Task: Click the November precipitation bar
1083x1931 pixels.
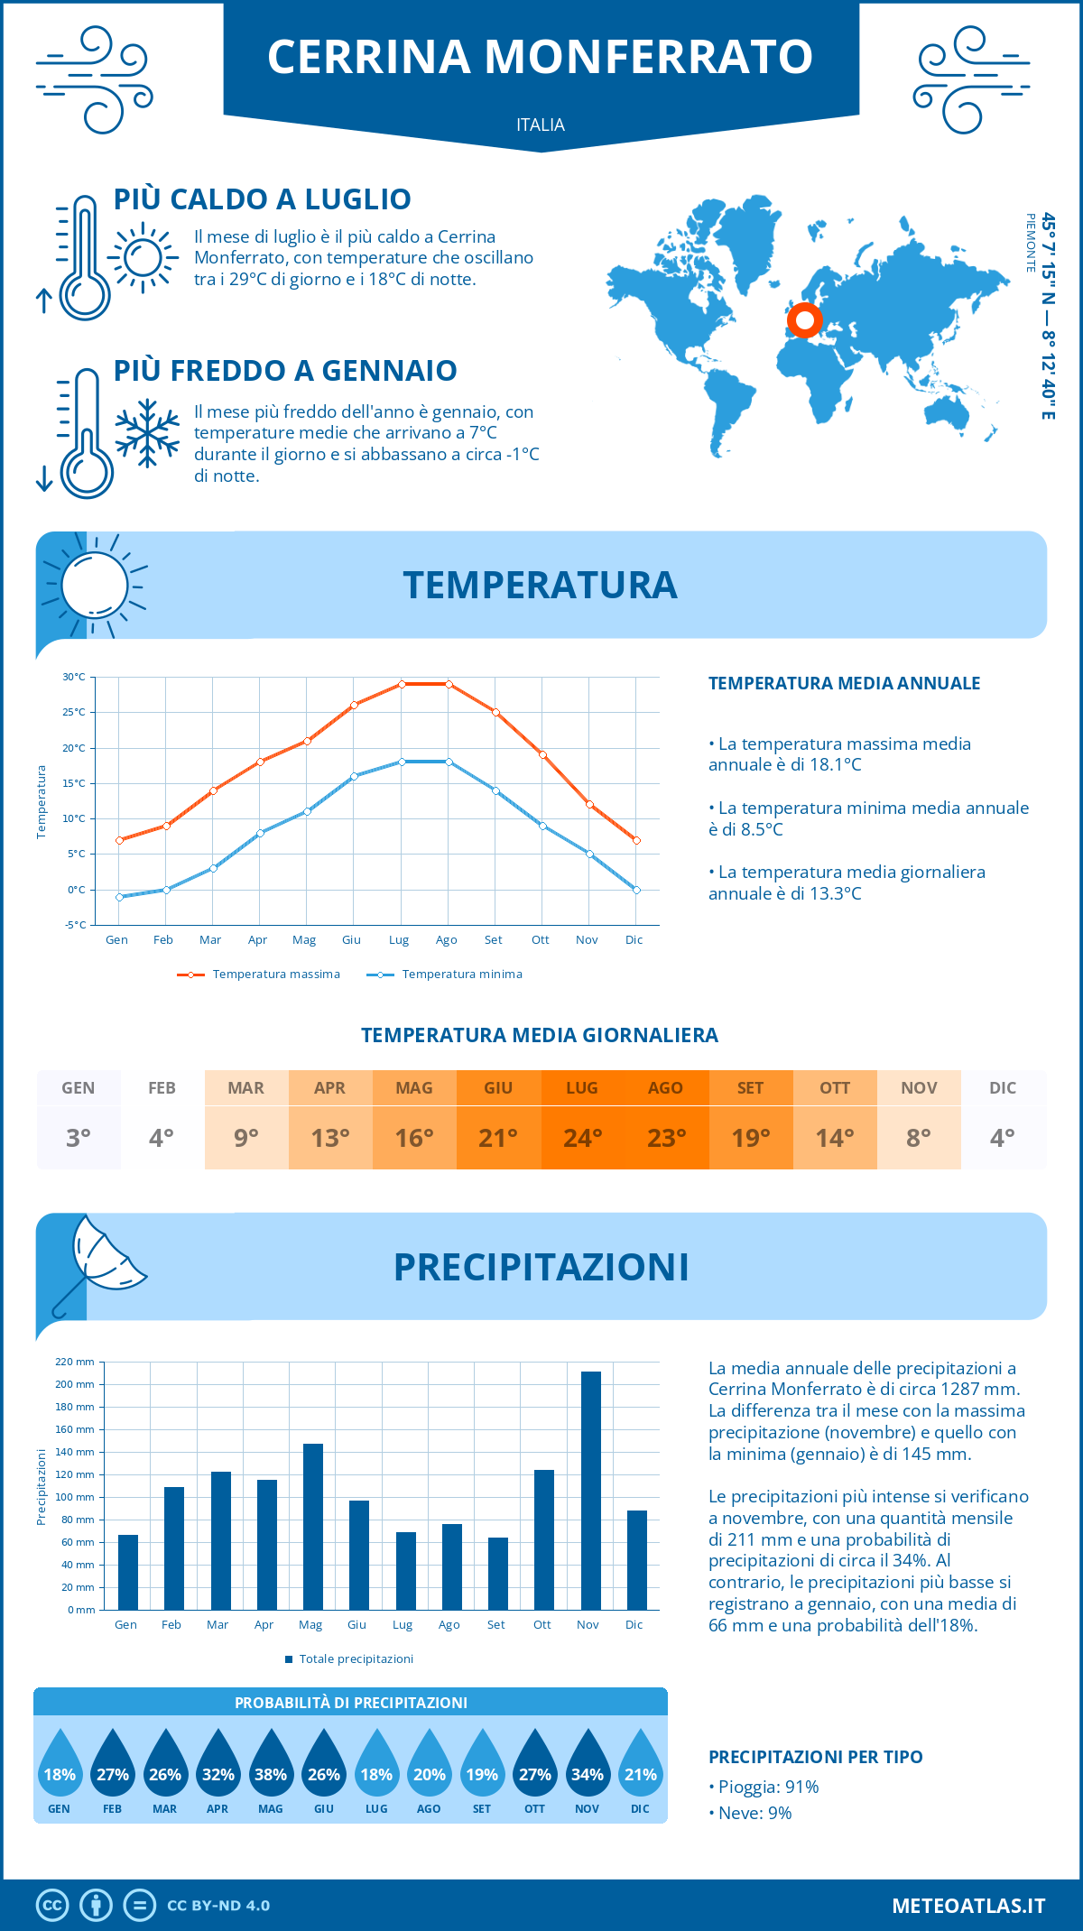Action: [x=591, y=1490]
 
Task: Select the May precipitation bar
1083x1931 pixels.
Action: [x=313, y=1526]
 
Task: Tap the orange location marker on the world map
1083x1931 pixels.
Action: [x=804, y=319]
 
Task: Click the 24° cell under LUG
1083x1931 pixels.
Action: [x=582, y=1138]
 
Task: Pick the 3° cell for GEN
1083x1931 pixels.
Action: [x=79, y=1138]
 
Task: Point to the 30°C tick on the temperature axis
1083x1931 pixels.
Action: [x=74, y=677]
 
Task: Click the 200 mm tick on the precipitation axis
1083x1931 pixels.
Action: [x=76, y=1384]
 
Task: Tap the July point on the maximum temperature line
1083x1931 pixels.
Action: [x=402, y=684]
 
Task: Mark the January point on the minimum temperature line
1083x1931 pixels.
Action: [x=119, y=897]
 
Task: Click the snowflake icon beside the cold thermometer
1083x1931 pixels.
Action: [x=147, y=432]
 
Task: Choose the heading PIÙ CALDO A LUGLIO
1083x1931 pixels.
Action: [x=263, y=199]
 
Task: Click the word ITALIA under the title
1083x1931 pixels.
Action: [x=541, y=125]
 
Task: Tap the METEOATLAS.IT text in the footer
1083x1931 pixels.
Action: [x=968, y=1905]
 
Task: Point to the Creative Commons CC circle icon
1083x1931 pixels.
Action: [x=52, y=1905]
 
